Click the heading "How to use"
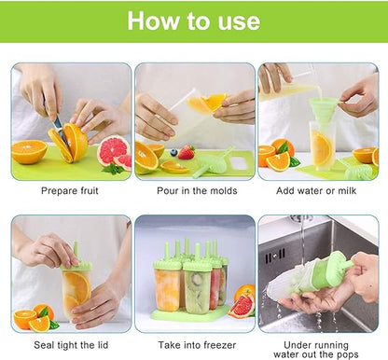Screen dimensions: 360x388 coord(193,21)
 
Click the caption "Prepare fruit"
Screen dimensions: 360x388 coord(71,190)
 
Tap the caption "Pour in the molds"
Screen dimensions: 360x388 coord(194,190)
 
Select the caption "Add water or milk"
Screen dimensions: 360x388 coord(318,190)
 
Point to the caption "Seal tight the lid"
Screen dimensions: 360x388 coord(71,343)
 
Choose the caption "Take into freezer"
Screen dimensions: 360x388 coord(194,343)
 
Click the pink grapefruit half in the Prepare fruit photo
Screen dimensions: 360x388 coord(112,149)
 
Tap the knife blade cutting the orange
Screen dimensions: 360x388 coord(59,132)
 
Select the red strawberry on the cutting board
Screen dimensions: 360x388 coord(186,151)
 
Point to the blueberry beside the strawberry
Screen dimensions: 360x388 coord(173,150)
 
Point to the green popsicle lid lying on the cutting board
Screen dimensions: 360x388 coord(212,163)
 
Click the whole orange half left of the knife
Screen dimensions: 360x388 coord(29,151)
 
